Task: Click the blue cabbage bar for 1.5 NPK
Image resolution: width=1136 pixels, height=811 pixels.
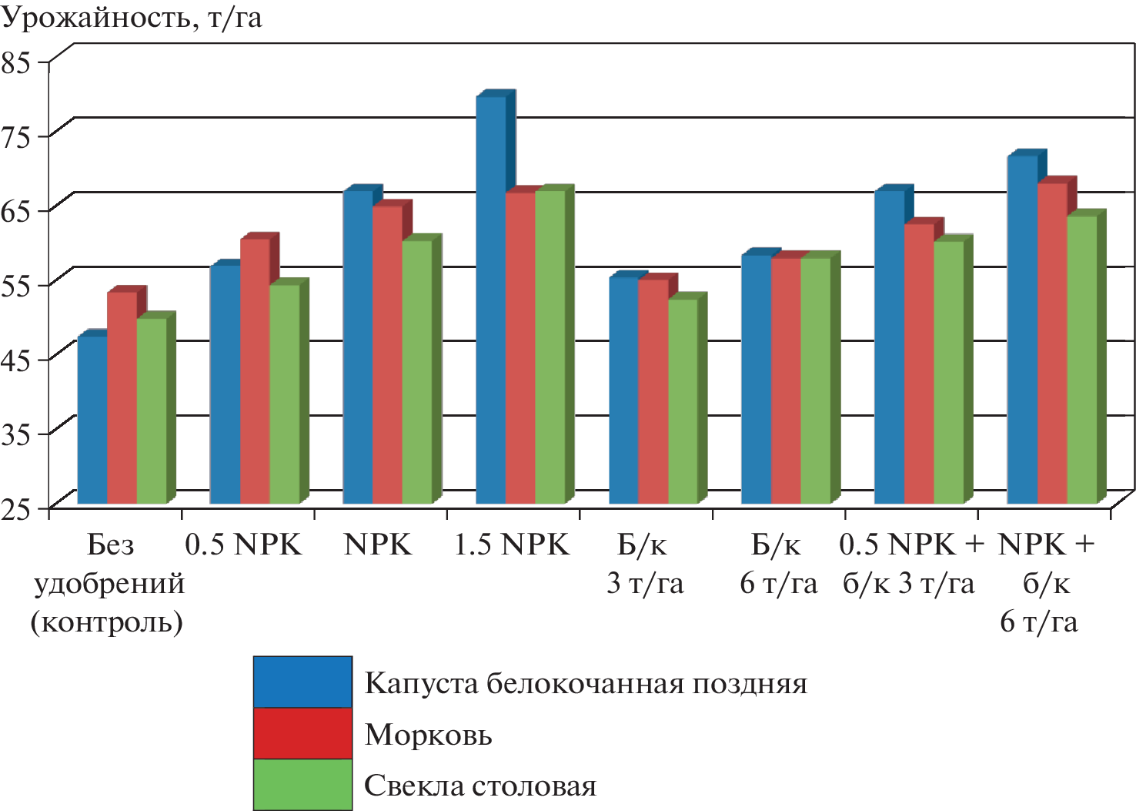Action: tap(491, 300)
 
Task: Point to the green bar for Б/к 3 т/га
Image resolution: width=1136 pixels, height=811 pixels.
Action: tap(683, 401)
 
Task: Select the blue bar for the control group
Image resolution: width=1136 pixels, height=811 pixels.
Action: tap(93, 421)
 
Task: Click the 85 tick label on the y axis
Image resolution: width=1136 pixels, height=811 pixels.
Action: tap(16, 62)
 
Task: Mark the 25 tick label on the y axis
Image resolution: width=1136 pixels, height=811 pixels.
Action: tap(16, 508)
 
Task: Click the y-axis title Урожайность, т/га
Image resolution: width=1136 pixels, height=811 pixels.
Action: tap(132, 17)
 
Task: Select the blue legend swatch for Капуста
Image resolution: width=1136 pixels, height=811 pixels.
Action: tap(302, 682)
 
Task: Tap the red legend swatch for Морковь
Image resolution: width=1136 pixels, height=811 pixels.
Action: tap(302, 733)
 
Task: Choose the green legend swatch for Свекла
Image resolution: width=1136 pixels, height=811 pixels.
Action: tap(302, 784)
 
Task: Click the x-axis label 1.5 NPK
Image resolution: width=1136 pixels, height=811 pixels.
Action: tap(511, 545)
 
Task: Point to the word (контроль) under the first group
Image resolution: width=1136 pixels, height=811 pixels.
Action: tap(107, 622)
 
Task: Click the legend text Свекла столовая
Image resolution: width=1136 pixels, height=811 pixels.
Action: tap(479, 786)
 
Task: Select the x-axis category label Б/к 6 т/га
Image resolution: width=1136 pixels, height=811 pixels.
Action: tap(777, 564)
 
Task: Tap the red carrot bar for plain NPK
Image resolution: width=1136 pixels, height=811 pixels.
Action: tap(387, 355)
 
